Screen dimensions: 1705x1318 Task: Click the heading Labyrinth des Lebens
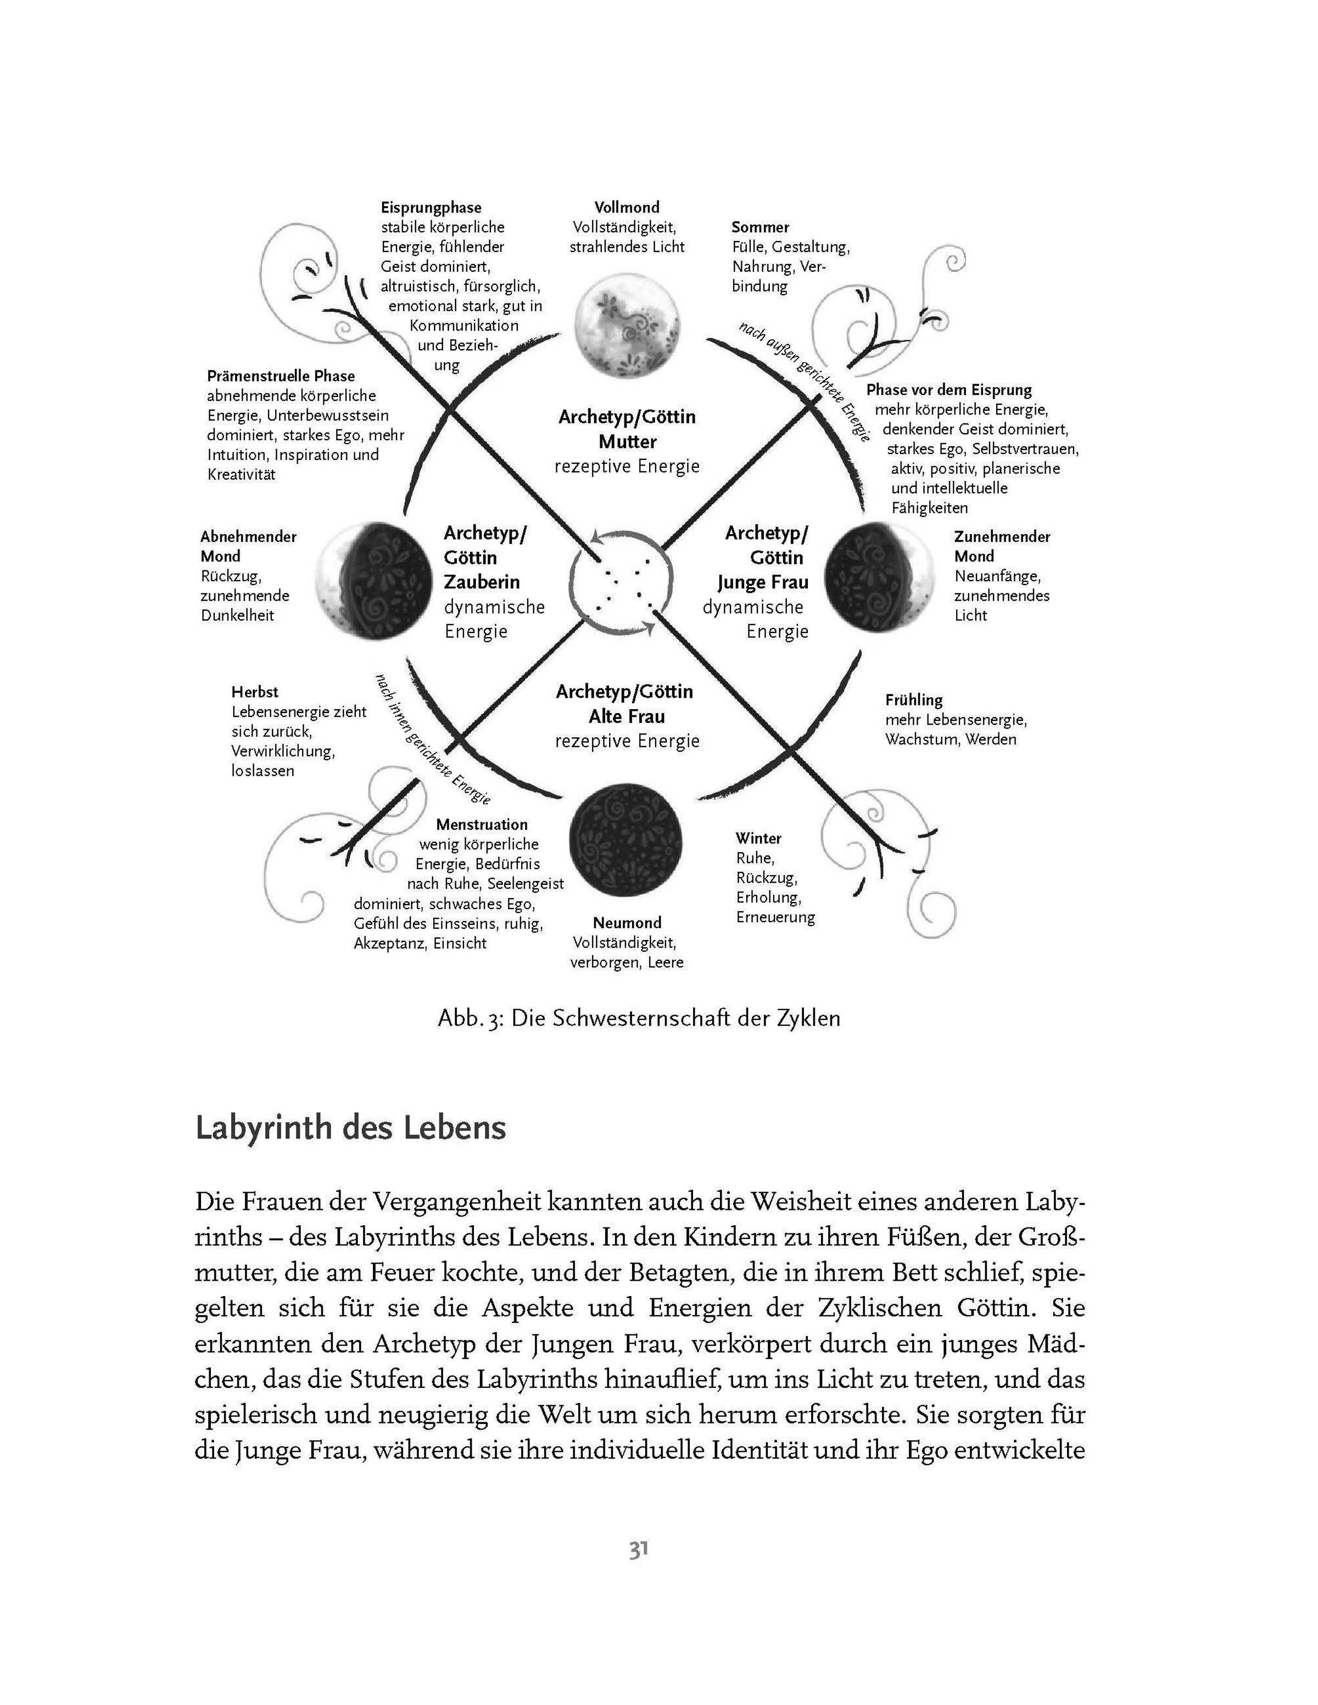350,1128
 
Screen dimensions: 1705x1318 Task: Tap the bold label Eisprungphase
431,207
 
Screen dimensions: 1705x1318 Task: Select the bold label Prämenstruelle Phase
281,376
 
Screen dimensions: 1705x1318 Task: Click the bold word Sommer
759,227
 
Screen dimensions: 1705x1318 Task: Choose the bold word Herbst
255,692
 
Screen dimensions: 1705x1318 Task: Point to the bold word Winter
758,838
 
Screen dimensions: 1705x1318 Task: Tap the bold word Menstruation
482,825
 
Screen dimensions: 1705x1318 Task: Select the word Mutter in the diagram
628,442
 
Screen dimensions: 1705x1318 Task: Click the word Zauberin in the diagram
482,582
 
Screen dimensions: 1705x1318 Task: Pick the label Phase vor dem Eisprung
948,390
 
